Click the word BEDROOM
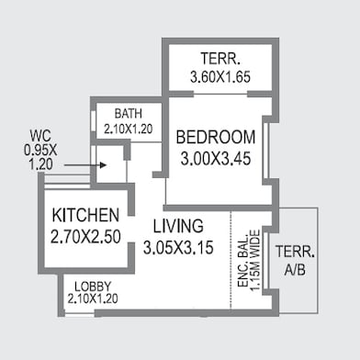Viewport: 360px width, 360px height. pyautogui.click(x=216, y=137)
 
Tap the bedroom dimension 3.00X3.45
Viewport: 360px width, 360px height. pyautogui.click(x=216, y=159)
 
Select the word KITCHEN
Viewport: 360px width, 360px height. pyautogui.click(x=85, y=215)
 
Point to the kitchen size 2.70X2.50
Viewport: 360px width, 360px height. pyautogui.click(x=85, y=237)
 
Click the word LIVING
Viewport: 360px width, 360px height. pyautogui.click(x=178, y=226)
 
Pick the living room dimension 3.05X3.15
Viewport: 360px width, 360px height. pyautogui.click(x=178, y=247)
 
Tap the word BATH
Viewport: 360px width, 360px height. pyautogui.click(x=129, y=114)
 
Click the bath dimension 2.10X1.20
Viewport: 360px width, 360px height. pyautogui.click(x=129, y=129)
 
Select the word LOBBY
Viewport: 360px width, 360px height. pyautogui.click(x=93, y=287)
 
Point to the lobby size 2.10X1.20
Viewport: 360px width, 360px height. pyautogui.click(x=93, y=298)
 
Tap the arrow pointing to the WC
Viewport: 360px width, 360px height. pyautogui.click(x=85, y=165)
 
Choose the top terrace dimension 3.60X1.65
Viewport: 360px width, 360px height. pyautogui.click(x=220, y=77)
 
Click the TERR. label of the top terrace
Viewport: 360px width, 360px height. pyautogui.click(x=220, y=59)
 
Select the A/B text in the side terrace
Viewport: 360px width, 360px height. pyautogui.click(x=295, y=270)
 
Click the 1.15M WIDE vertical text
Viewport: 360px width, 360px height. pyautogui.click(x=254, y=261)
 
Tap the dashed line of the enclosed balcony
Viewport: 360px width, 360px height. pyautogui.click(x=231, y=260)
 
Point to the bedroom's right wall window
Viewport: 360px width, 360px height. pyautogui.click(x=266, y=151)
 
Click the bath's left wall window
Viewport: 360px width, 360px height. pyautogui.click(x=94, y=121)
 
